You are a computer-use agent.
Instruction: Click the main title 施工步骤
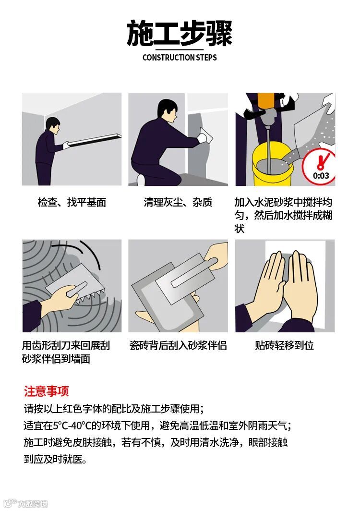coord(180,33)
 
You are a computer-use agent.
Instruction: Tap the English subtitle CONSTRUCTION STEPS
coord(180,58)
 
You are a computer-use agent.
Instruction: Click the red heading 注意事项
coord(46,391)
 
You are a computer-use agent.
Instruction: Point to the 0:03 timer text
coord(321,176)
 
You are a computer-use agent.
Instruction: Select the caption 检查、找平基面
coord(72,202)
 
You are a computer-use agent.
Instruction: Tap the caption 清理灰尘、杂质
coord(178,202)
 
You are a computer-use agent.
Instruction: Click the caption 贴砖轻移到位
coord(285,345)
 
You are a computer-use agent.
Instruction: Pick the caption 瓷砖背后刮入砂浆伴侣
coord(178,345)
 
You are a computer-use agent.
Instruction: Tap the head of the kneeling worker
coord(167,111)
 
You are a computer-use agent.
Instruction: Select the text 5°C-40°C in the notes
coord(72,426)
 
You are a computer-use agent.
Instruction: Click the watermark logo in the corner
coord(25,503)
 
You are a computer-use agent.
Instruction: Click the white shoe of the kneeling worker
coord(141,180)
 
